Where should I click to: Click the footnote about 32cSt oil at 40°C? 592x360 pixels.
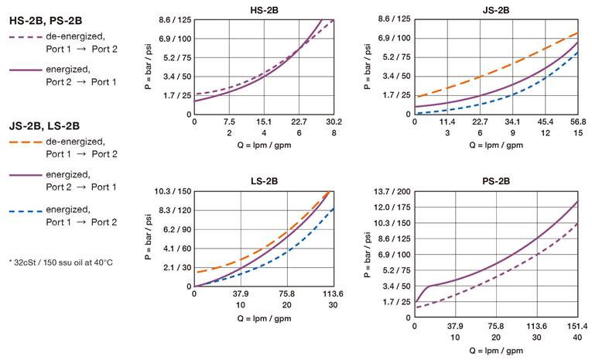point(62,262)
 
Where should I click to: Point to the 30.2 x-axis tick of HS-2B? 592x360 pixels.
point(334,122)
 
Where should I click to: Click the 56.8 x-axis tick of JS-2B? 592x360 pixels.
point(577,122)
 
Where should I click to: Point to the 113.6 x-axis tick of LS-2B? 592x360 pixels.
point(333,294)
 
